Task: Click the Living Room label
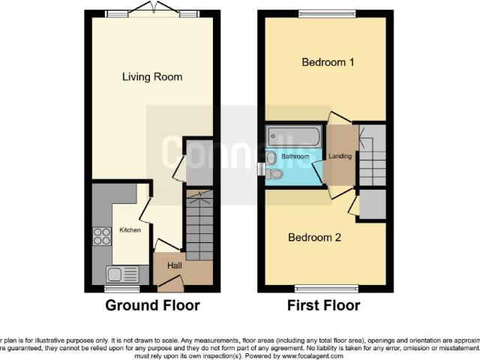[x=152, y=77]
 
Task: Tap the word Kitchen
[x=130, y=230]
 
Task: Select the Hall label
[x=174, y=265]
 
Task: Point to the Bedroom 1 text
[x=328, y=62]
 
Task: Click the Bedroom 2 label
[x=315, y=238]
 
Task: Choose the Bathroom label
[x=295, y=157]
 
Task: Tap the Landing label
[x=340, y=156]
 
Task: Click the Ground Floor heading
[x=152, y=305]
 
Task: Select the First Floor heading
[x=323, y=305]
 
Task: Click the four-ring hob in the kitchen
[x=101, y=236]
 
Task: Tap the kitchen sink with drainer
[x=122, y=274]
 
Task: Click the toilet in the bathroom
[x=276, y=174]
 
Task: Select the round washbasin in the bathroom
[x=271, y=157]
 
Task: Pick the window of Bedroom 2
[x=325, y=288]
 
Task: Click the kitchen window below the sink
[x=121, y=288]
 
